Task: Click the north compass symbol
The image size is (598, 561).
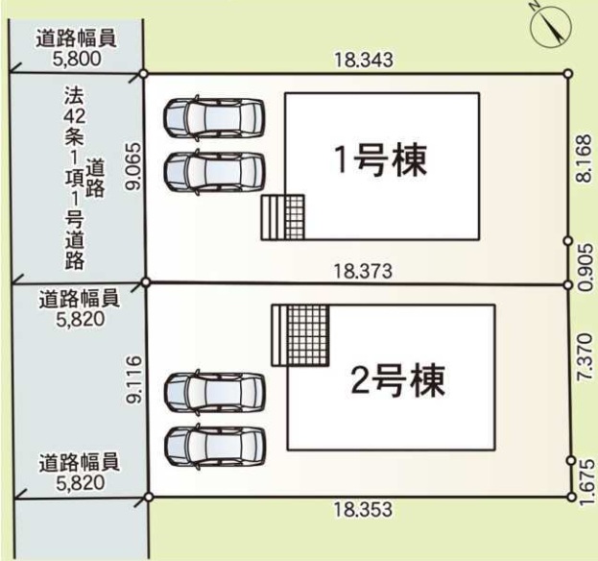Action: coord(551,26)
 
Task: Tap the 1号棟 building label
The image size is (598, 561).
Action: coord(380,160)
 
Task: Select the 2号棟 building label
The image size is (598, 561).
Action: coord(397,380)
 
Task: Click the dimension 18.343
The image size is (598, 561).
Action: coord(364,60)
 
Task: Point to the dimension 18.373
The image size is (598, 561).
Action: coord(363,271)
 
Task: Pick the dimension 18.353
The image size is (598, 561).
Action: coord(363,509)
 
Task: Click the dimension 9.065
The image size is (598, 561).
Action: coord(134,166)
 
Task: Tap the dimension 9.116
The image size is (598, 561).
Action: coord(134,379)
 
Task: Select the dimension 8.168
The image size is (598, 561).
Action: coord(586,159)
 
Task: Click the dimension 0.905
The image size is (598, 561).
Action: coord(586,267)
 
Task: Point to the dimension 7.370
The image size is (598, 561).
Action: coord(586,356)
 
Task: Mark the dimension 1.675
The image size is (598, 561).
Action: coord(586,482)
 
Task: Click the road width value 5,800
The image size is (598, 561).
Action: coord(77,59)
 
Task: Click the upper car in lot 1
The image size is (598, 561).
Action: coord(214,116)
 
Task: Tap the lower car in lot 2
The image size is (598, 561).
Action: coord(215,447)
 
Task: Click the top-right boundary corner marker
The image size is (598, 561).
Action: coord(568,74)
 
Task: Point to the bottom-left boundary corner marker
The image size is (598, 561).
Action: coord(149,497)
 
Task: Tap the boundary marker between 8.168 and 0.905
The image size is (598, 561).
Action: coord(568,241)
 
